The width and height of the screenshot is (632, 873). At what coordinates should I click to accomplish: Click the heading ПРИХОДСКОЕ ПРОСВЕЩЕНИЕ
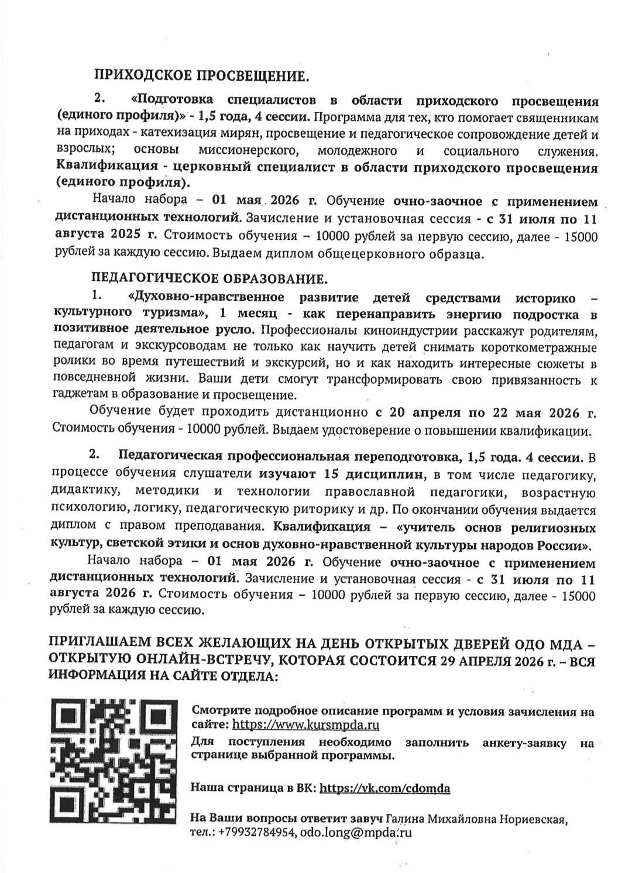click(x=199, y=75)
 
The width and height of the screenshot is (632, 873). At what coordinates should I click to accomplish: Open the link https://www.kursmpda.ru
click(x=306, y=725)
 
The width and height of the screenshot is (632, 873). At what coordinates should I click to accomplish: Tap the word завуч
click(x=368, y=819)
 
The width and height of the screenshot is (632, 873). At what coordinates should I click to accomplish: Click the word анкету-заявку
click(x=524, y=743)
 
